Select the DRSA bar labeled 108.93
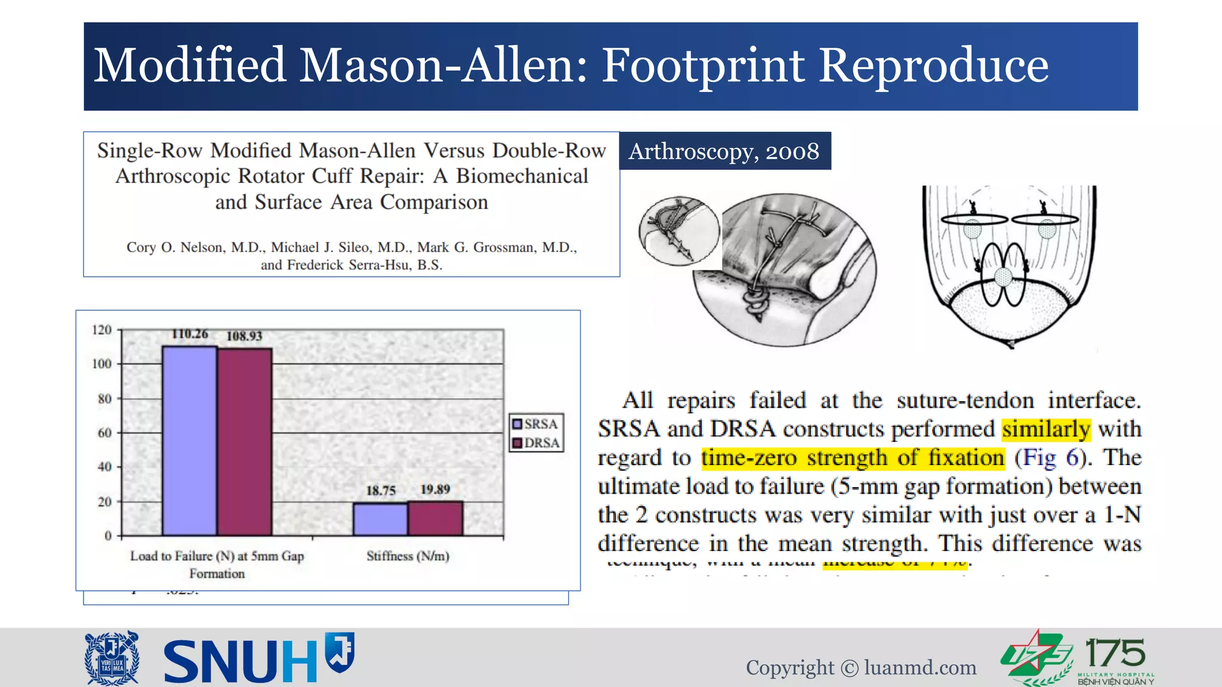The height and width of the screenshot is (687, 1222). point(245,441)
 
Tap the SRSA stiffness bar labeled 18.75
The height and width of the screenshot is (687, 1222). point(380,519)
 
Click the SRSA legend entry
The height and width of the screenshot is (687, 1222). point(535,424)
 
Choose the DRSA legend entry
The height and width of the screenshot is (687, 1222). point(535,443)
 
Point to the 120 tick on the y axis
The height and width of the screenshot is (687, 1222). point(101,330)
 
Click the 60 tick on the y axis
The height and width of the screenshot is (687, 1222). point(104,433)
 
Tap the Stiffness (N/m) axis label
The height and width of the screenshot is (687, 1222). point(408,556)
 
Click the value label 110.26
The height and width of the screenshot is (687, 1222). point(190,334)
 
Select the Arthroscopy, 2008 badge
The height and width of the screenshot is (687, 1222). point(724,151)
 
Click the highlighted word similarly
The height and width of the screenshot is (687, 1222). point(1046,429)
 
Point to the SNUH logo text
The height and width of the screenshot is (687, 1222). point(240,661)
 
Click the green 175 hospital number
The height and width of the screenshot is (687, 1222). point(1115,653)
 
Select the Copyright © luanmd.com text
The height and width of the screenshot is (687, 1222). point(860,667)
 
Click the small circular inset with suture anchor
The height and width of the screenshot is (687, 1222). point(678,231)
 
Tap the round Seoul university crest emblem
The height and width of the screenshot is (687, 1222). point(112,658)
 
